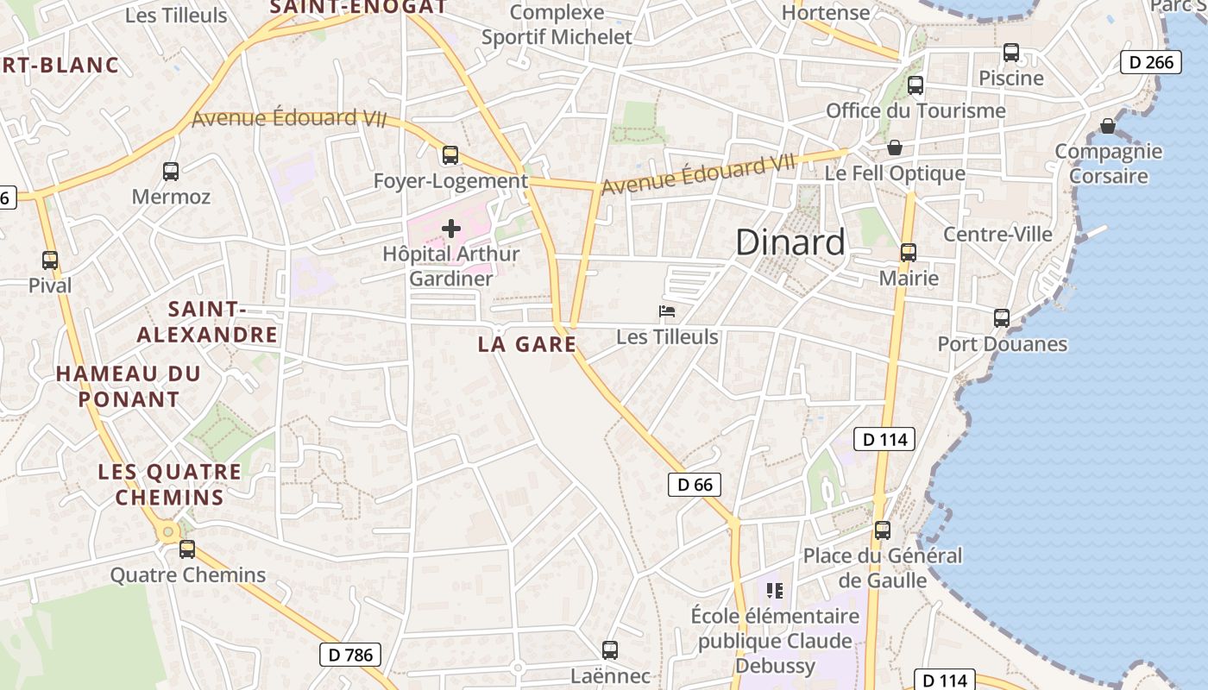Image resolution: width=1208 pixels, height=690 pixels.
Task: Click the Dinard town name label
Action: click(x=790, y=242)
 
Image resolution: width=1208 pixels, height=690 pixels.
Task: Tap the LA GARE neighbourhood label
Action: click(x=526, y=344)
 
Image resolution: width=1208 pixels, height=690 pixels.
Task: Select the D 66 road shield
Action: click(x=694, y=485)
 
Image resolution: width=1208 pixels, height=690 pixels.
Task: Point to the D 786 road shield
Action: click(x=351, y=655)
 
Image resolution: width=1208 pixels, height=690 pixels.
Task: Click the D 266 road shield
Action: click(x=1150, y=62)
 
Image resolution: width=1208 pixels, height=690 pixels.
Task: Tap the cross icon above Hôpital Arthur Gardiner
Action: click(x=450, y=229)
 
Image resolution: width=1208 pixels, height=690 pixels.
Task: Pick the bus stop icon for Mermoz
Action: click(x=171, y=172)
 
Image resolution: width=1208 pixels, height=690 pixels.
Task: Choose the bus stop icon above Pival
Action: click(x=50, y=260)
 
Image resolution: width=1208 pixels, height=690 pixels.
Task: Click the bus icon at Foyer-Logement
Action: click(x=450, y=155)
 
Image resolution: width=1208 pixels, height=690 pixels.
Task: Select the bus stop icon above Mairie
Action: click(x=909, y=253)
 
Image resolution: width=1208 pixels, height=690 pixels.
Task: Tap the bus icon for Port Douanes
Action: click(x=1002, y=318)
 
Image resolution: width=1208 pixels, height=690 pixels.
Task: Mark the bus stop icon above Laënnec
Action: click(x=610, y=650)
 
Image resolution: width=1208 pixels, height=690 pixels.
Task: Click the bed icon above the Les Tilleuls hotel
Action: click(x=667, y=311)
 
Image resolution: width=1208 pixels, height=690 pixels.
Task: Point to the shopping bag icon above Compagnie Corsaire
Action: click(x=1108, y=127)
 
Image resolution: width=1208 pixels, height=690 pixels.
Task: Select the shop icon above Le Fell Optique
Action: click(x=894, y=147)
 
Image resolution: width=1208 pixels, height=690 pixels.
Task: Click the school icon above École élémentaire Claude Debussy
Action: click(x=775, y=591)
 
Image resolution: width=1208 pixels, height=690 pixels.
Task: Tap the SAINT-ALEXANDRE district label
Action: click(x=208, y=322)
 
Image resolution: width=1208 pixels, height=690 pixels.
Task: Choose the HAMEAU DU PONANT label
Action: click(x=129, y=386)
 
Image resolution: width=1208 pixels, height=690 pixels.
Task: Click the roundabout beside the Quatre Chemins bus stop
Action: click(x=168, y=532)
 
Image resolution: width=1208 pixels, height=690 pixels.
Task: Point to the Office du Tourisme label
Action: click(x=915, y=110)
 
